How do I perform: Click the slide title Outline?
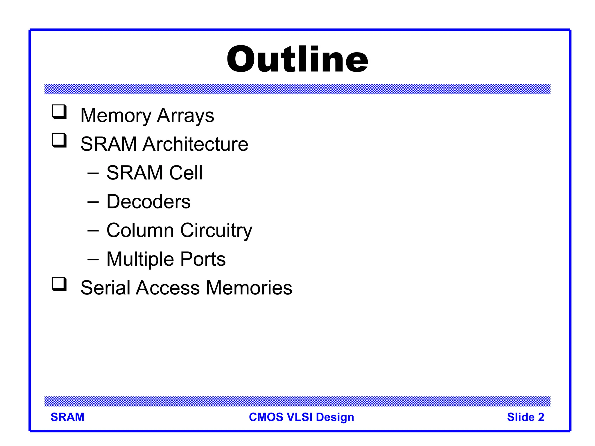tap(297, 60)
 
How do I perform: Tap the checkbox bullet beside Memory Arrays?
tap(59, 112)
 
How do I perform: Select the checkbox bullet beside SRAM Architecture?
tap(59, 140)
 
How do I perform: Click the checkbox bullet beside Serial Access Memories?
tap(59, 284)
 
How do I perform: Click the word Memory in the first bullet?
tap(116, 116)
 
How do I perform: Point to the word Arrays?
tap(185, 116)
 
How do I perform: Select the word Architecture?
tap(195, 144)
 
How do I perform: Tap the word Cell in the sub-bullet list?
tap(186, 173)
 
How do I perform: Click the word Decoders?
tap(148, 202)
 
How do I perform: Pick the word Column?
tap(140, 230)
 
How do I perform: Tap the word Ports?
tap(203, 259)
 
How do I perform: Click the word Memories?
tap(249, 288)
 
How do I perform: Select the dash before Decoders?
tap(93, 202)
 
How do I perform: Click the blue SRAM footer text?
tap(67, 417)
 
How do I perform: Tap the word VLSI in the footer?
tap(299, 417)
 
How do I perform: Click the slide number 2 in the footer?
tap(541, 417)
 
